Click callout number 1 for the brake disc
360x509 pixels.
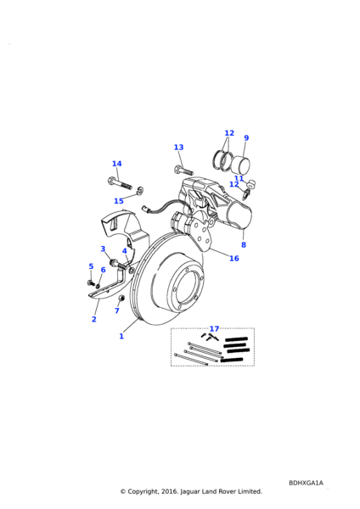pyautogui.click(x=121, y=336)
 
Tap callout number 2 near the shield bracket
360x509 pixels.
pyautogui.click(x=94, y=319)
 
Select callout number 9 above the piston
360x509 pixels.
pyautogui.click(x=246, y=138)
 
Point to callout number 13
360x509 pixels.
pyautogui.click(x=178, y=148)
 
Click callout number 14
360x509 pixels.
pyautogui.click(x=117, y=164)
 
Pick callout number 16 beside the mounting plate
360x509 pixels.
pyautogui.click(x=234, y=259)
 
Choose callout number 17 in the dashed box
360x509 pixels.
pyautogui.click(x=215, y=329)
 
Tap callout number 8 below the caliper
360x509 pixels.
pyautogui.click(x=244, y=245)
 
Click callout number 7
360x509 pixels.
pyautogui.click(x=117, y=310)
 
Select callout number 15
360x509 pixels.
pyautogui.click(x=119, y=201)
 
